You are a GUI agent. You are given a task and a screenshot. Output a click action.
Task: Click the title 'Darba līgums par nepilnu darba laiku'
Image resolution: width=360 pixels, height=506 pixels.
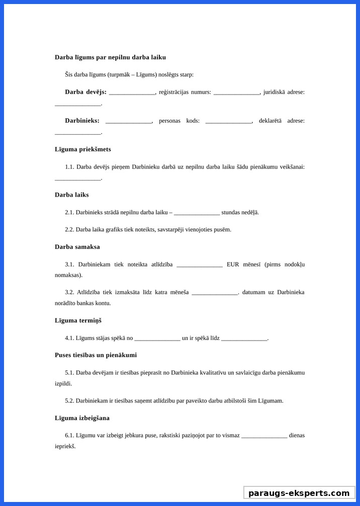point(110,57)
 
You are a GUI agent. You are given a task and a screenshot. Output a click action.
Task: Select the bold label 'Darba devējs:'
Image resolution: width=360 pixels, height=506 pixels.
point(85,92)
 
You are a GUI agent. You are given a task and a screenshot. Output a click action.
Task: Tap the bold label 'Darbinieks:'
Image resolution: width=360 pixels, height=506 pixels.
point(82,121)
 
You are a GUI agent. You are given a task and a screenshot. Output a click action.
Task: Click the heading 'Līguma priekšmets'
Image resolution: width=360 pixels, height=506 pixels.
point(83,149)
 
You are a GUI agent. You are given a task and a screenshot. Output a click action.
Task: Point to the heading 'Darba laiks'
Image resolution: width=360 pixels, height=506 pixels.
point(71,195)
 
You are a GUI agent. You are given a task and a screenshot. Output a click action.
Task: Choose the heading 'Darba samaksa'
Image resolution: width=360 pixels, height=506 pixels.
point(77,247)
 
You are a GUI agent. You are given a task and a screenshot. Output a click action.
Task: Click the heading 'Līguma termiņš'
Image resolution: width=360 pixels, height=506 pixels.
point(78,320)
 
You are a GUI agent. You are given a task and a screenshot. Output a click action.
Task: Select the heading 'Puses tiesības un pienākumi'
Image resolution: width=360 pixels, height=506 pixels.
point(96,355)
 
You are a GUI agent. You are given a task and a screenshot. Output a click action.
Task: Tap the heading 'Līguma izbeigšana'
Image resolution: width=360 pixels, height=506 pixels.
point(82,418)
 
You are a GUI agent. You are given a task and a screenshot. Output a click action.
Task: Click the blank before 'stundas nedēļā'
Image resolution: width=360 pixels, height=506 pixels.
point(197,213)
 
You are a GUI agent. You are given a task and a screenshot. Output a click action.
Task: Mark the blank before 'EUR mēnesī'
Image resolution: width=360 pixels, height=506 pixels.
point(200,265)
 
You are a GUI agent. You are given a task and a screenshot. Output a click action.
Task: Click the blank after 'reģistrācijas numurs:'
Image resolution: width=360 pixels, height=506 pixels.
point(236,93)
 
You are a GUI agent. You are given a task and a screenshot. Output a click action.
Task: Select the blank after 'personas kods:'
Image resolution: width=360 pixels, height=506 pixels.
point(228,121)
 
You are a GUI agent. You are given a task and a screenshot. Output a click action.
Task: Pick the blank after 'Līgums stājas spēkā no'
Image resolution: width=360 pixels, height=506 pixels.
point(157,339)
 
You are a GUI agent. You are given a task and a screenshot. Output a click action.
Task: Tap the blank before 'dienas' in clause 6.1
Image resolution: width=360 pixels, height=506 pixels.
point(264,436)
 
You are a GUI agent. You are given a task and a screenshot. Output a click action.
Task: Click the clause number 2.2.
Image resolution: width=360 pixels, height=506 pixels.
point(69,230)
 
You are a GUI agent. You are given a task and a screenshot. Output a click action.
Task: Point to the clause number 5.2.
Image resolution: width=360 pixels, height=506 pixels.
point(69,401)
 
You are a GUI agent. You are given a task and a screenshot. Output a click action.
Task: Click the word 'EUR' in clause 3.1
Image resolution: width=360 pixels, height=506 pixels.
point(233,265)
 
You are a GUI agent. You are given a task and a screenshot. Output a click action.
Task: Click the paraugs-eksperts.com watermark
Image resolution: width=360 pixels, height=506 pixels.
point(299,493)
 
